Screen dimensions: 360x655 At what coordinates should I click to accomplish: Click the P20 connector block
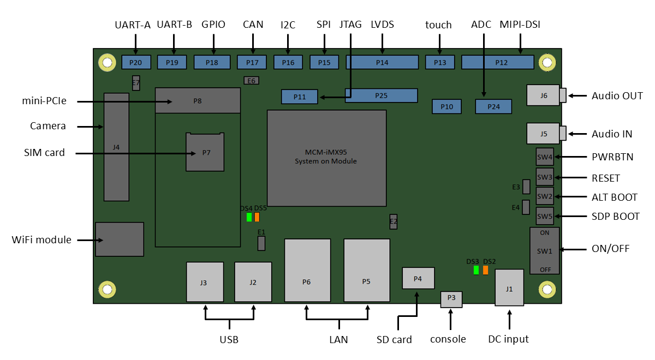[x=136, y=62]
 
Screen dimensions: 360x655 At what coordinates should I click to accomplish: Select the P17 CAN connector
[x=252, y=62]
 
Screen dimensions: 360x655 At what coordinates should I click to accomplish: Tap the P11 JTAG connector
[x=299, y=97]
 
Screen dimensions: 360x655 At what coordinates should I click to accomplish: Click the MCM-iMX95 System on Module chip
[x=326, y=158]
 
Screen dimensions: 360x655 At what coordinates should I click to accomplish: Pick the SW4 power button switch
[x=545, y=157]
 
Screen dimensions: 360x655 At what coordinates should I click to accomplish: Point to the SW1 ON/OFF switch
[x=544, y=251]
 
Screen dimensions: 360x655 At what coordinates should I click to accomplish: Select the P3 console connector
[x=451, y=298]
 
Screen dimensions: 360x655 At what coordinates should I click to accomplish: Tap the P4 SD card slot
[x=418, y=278]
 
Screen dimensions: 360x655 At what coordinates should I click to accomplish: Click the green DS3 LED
[x=476, y=270]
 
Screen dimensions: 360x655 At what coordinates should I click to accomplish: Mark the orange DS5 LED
[x=257, y=217]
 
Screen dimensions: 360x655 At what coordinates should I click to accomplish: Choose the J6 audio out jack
[x=543, y=95]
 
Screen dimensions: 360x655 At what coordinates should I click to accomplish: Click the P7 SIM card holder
[x=205, y=152]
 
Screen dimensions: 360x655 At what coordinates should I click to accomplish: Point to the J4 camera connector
[x=116, y=147]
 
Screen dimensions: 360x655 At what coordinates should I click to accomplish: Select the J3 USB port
[x=205, y=282]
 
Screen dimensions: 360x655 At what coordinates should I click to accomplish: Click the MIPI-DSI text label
[x=520, y=25]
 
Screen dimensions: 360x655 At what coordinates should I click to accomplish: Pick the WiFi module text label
[x=41, y=239]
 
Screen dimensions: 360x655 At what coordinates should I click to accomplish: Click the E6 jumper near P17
[x=251, y=81]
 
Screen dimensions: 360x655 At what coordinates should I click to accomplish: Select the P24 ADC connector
[x=493, y=106]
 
